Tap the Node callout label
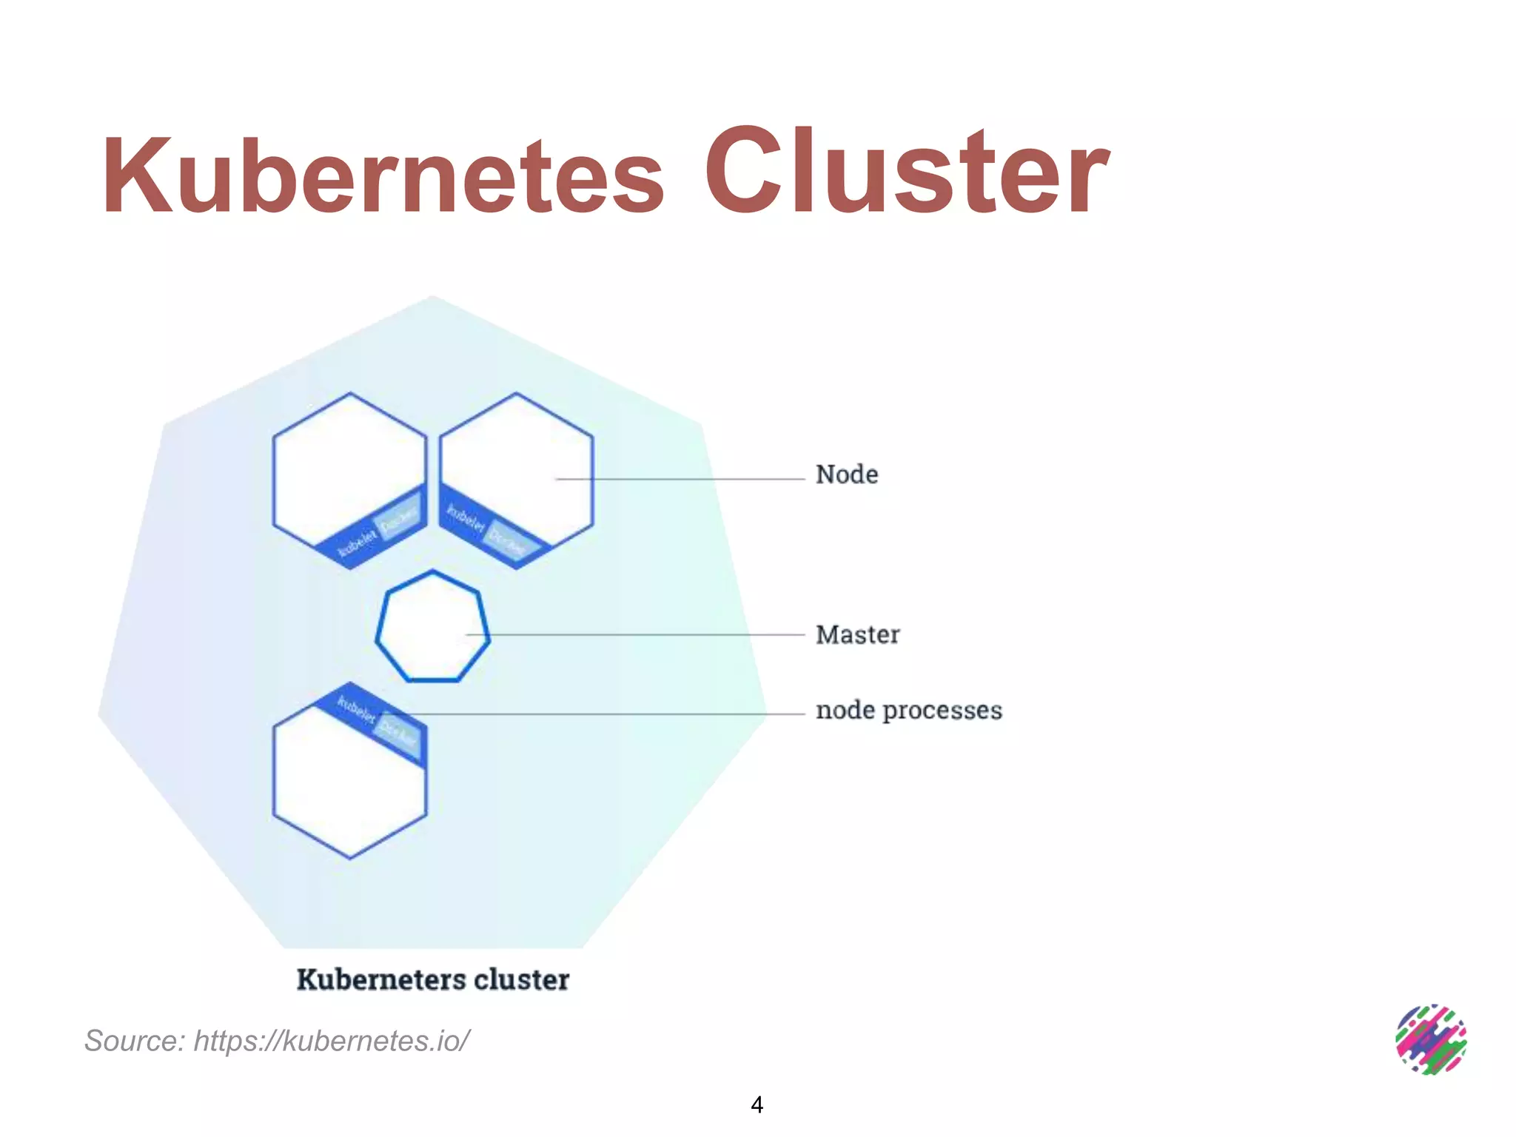coord(847,474)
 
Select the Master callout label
coord(857,634)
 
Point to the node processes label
coord(908,710)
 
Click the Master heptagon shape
coord(432,626)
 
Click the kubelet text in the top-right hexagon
coord(466,517)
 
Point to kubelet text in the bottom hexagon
coord(357,709)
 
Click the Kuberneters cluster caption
coord(433,979)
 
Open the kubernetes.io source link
coord(332,1041)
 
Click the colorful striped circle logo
coord(1431,1039)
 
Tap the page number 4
coord(757,1104)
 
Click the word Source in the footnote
coord(134,1041)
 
